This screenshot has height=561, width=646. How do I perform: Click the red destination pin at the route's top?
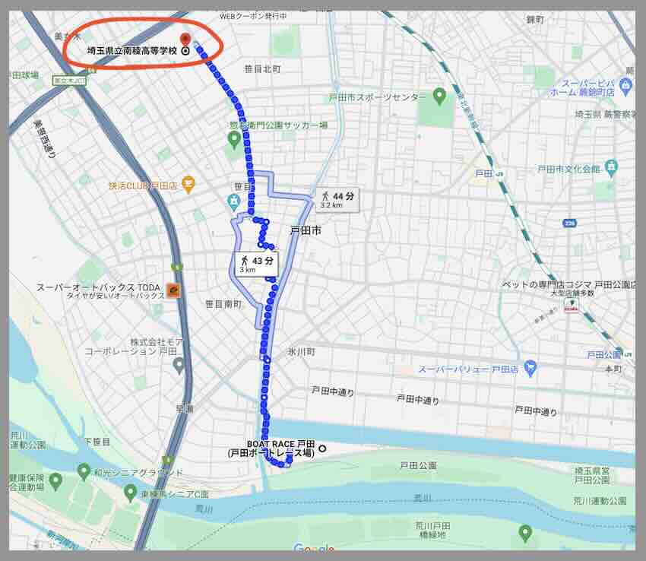coord(184,39)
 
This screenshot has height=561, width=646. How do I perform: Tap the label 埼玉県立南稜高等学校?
coord(131,52)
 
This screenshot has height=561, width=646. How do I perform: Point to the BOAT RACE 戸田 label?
coord(280,443)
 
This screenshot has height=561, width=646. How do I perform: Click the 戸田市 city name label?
coord(306,230)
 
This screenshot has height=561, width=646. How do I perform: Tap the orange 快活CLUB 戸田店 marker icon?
coord(188,183)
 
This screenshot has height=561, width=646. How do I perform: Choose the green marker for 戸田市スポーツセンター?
coord(439,96)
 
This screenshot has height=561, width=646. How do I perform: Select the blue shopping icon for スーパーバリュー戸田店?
coord(530,369)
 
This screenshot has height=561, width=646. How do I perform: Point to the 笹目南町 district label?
coord(223,303)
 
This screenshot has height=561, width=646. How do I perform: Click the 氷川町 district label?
coord(301,353)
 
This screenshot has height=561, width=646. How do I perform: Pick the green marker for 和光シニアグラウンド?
coord(84,471)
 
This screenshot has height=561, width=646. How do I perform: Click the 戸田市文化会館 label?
coord(565,169)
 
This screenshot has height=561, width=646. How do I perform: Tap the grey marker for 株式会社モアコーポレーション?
coord(179,366)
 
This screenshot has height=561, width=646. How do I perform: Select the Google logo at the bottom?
coord(313,549)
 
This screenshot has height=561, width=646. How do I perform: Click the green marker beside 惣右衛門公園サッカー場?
coord(235,138)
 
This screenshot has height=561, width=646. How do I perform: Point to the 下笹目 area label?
coord(97,442)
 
